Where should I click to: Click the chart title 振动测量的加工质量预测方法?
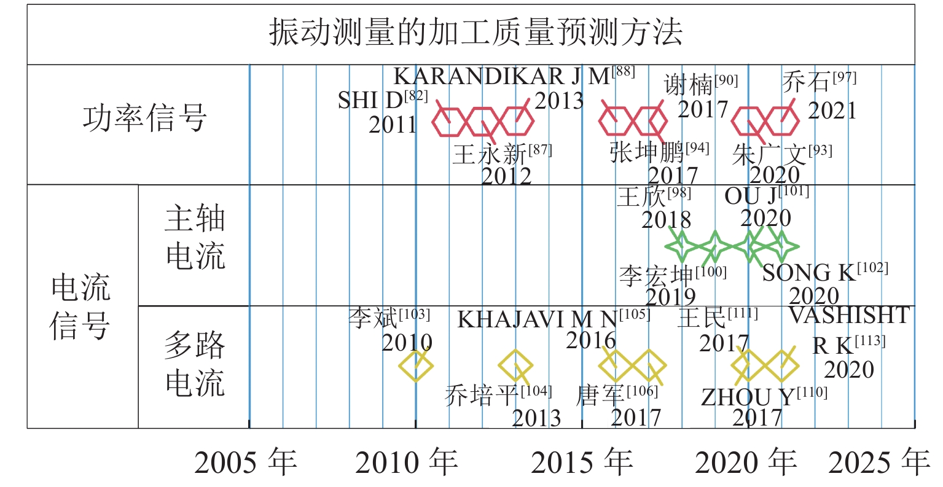[x=476, y=32]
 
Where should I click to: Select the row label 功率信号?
[x=144, y=118]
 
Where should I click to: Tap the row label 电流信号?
[x=80, y=307]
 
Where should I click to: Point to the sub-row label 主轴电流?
[x=195, y=238]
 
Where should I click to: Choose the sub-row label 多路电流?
[x=195, y=364]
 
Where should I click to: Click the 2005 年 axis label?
[x=246, y=462]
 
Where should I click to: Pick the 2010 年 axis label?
[x=406, y=462]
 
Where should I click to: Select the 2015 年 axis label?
[x=582, y=462]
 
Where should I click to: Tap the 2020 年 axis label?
[x=746, y=462]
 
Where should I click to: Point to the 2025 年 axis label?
[x=879, y=462]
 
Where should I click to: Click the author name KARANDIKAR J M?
[x=502, y=77]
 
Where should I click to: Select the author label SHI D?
[x=370, y=100]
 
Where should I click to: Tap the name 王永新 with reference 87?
[x=490, y=154]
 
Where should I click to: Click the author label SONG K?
[x=809, y=273]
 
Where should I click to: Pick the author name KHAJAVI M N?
[x=538, y=320]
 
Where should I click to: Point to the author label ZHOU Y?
[x=748, y=397]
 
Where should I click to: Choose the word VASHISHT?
[x=849, y=316]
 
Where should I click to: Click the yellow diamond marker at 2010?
[x=416, y=365]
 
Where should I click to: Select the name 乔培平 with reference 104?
[x=482, y=395]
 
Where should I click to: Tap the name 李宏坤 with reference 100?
[x=656, y=276]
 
